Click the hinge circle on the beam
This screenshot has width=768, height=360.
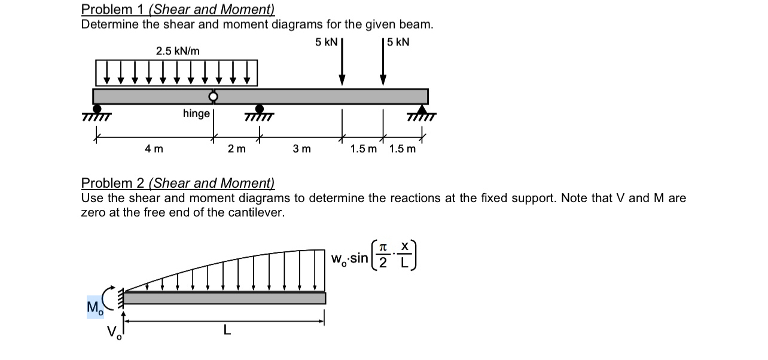tap(212, 96)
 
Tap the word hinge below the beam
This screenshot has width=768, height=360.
tap(196, 114)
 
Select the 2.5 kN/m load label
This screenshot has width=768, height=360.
tap(178, 51)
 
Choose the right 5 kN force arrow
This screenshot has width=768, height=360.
tap(383, 62)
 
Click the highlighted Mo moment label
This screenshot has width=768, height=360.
tap(95, 307)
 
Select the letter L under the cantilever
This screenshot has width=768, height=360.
tap(226, 329)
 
